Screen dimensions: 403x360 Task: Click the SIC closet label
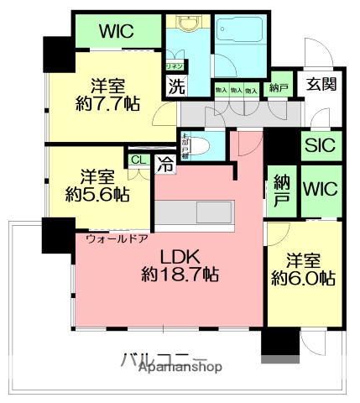click(x=318, y=145)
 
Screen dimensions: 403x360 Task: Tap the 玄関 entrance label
click(x=319, y=86)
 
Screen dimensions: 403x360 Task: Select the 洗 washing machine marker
click(x=175, y=85)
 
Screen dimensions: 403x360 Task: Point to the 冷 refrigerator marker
click(x=166, y=165)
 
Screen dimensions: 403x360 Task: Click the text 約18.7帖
click(x=180, y=275)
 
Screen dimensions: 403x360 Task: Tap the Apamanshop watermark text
click(x=180, y=369)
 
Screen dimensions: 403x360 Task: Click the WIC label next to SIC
click(x=318, y=187)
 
